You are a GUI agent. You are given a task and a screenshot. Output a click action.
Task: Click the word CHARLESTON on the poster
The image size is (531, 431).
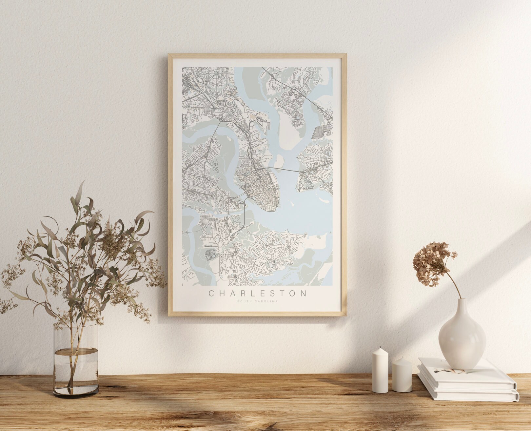257,293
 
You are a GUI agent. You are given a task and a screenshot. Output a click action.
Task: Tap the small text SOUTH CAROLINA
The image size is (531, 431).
257,301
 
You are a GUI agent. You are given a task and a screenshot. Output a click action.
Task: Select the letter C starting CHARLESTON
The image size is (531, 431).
211,293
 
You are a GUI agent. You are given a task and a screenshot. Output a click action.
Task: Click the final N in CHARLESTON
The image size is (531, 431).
303,293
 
